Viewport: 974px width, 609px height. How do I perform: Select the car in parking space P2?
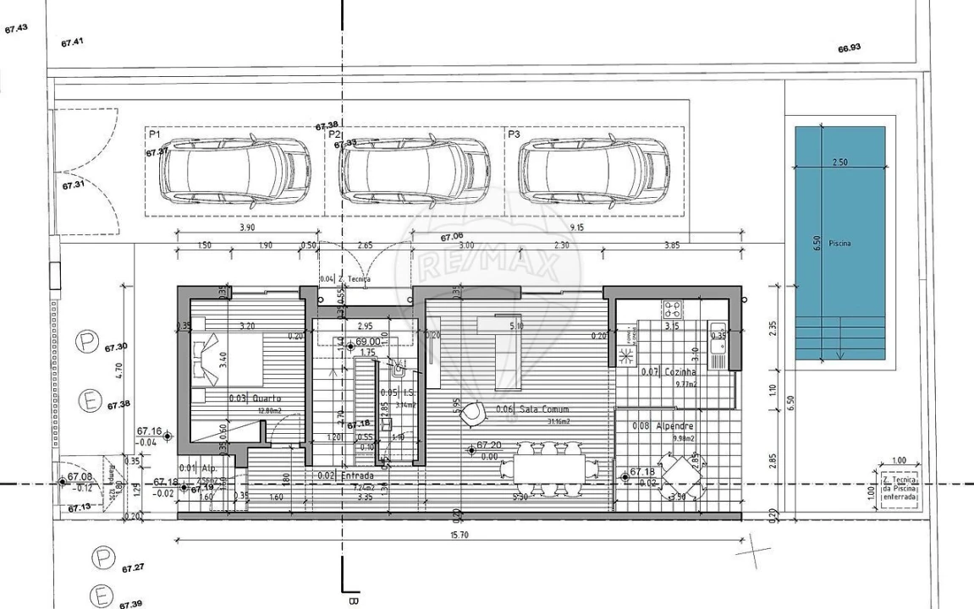pyautogui.click(x=414, y=170)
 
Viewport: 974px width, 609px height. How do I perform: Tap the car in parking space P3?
pyautogui.click(x=594, y=170)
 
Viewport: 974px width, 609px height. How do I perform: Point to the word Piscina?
pyautogui.click(x=839, y=244)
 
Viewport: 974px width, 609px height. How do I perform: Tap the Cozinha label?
pyautogui.click(x=680, y=372)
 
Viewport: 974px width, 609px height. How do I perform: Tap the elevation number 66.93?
pyautogui.click(x=849, y=48)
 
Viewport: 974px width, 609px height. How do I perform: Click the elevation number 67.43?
pyautogui.click(x=16, y=28)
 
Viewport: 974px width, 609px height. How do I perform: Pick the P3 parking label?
pyautogui.click(x=514, y=134)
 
